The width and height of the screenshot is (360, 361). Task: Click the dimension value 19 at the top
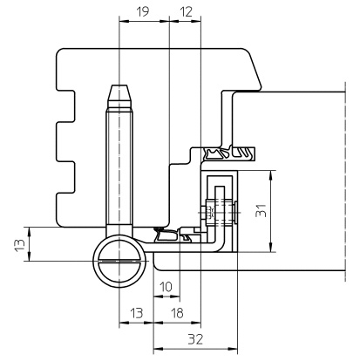(x=142, y=11)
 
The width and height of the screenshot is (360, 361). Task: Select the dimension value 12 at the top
(x=186, y=12)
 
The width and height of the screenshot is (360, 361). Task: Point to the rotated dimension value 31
(x=261, y=210)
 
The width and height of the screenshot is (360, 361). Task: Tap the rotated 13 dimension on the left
(x=20, y=245)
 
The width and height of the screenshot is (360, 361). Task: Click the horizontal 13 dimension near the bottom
(x=137, y=313)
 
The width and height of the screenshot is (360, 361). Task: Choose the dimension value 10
(x=166, y=287)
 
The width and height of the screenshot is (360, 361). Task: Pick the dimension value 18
(x=177, y=313)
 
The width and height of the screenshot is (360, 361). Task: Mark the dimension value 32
(x=195, y=339)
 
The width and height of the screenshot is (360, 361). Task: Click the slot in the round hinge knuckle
(x=119, y=261)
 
